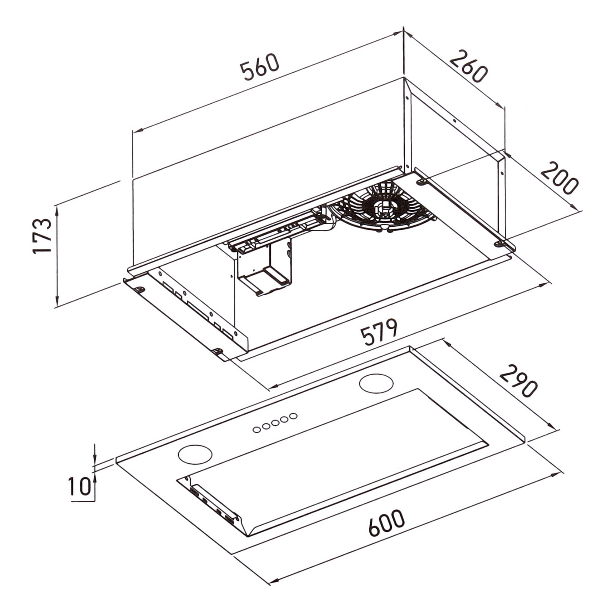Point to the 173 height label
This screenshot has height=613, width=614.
tap(42, 236)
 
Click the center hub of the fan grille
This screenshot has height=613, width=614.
tap(386, 207)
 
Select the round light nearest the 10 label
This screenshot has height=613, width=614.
tap(195, 454)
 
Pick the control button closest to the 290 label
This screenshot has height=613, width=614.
tap(293, 416)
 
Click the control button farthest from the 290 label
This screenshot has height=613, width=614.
tap(256, 430)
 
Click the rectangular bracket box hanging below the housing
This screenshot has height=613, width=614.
tap(264, 272)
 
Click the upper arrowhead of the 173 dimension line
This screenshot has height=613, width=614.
tap(57, 209)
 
